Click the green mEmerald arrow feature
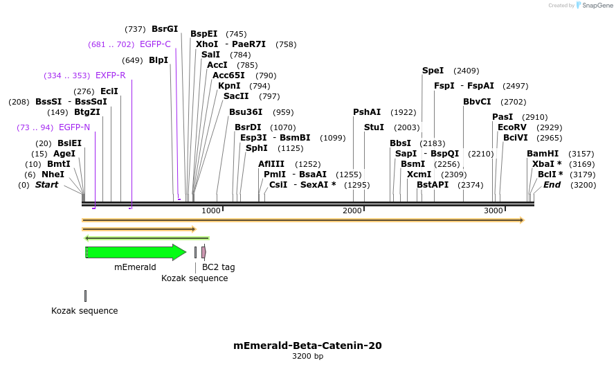coord(136,252)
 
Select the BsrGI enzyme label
coord(165,29)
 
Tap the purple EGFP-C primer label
coord(155,44)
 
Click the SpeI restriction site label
coord(433,71)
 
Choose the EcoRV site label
coord(512,127)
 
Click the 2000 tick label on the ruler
coord(352,211)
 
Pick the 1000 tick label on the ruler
coord(210,211)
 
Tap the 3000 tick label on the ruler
coord(493,211)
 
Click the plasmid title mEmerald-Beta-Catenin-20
coord(307,346)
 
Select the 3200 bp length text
coord(307,357)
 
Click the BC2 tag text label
coord(218,267)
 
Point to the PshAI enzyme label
coord(367,112)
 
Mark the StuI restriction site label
coord(374,127)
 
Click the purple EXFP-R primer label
coord(111,75)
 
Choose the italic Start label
coord(46,185)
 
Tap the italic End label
coord(552,185)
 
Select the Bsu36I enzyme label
coord(246,112)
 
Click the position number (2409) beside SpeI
coord(466,71)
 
